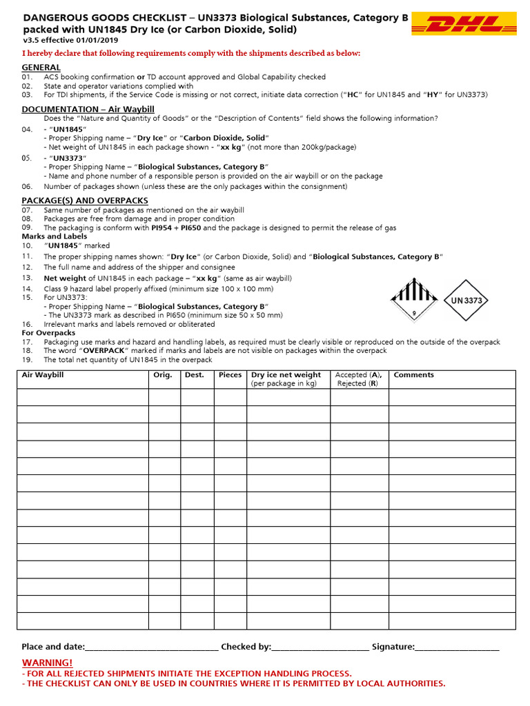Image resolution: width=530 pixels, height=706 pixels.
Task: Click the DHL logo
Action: pyautogui.click(x=465, y=26)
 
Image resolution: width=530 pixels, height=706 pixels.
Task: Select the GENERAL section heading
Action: pyautogui.click(x=41, y=67)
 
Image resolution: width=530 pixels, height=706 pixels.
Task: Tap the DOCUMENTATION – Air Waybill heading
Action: pyautogui.click(x=88, y=109)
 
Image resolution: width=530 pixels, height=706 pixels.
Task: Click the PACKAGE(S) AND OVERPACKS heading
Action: pyautogui.click(x=85, y=201)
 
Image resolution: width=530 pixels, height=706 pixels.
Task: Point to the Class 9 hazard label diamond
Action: pyautogui.click(x=414, y=299)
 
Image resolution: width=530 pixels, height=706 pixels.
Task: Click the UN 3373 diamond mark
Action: pyautogui.click(x=467, y=300)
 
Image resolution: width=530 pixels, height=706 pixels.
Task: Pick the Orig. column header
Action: pyautogui.click(x=163, y=375)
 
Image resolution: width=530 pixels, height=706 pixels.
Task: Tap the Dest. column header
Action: pyautogui.click(x=195, y=375)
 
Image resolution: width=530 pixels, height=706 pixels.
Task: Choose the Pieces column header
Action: pyautogui.click(x=230, y=375)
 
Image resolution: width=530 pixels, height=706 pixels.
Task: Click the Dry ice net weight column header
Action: pyautogui.click(x=286, y=379)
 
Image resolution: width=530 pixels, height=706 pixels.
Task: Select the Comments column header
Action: pyautogui.click(x=413, y=375)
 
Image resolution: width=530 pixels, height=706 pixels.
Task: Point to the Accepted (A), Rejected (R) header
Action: pyautogui.click(x=358, y=379)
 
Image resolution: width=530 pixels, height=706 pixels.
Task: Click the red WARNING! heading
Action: pyautogui.click(x=47, y=662)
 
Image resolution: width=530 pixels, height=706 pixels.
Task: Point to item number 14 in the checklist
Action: pyautogui.click(x=27, y=288)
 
